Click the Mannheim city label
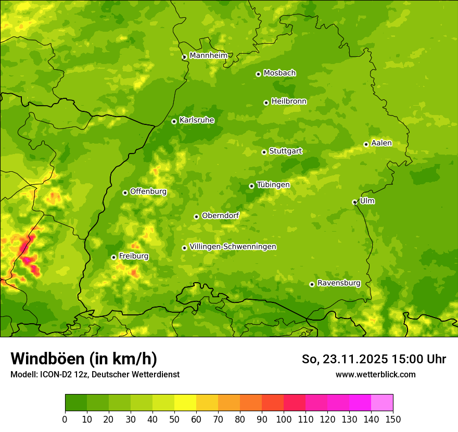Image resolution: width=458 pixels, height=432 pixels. (x=208, y=56)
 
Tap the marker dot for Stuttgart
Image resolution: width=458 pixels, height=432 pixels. (x=264, y=152)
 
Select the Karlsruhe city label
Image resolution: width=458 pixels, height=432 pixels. (x=196, y=120)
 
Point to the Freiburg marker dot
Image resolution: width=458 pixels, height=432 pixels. (x=113, y=257)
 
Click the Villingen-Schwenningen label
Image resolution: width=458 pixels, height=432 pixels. (x=233, y=247)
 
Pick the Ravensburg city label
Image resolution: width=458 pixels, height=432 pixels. (x=338, y=283)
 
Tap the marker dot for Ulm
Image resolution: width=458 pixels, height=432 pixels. (x=354, y=202)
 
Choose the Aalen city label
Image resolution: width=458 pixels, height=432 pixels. (x=381, y=143)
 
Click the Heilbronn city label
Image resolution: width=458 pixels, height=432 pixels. (x=289, y=101)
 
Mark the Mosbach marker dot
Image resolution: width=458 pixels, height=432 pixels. (x=258, y=74)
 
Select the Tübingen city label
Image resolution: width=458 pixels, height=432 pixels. (x=273, y=185)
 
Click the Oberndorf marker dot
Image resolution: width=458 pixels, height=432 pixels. (x=196, y=217)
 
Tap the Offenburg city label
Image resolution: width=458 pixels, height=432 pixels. (x=148, y=192)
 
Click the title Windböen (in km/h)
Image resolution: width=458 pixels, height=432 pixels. (x=84, y=359)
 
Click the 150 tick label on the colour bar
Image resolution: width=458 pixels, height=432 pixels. (x=393, y=420)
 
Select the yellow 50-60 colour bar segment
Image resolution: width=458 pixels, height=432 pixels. (x=185, y=403)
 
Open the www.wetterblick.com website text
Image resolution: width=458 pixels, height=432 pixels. (x=375, y=374)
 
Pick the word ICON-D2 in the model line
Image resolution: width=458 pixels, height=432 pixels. (x=54, y=374)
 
